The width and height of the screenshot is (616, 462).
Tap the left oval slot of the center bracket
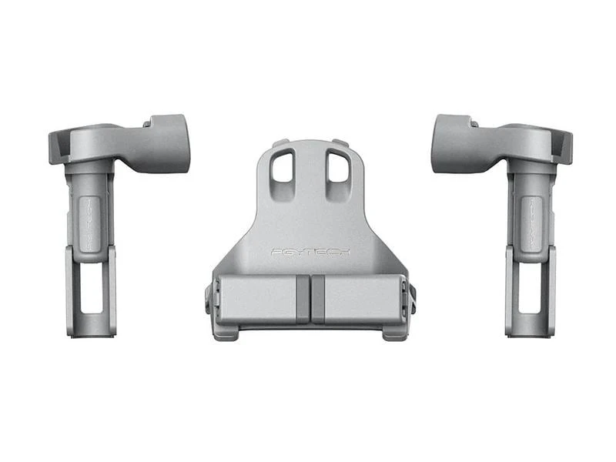[283, 165]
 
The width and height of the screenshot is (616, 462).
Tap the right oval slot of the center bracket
[336, 165]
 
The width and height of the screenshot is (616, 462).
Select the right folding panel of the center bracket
[360, 299]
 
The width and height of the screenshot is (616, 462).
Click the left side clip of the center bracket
[209, 299]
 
